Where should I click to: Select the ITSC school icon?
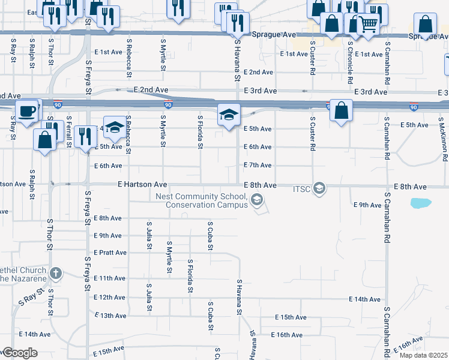click(x=319, y=189)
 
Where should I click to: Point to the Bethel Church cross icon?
click(x=56, y=274)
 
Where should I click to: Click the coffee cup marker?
click(x=26, y=112)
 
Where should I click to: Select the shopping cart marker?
click(x=369, y=25)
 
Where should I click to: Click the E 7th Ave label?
click(x=258, y=165)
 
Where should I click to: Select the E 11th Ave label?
click(x=110, y=278)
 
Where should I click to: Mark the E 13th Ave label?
click(x=110, y=316)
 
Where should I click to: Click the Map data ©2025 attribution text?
click(x=423, y=355)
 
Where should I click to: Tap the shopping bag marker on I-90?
click(x=340, y=111)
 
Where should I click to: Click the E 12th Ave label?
click(x=110, y=297)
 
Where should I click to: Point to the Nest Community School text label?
click(x=202, y=200)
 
